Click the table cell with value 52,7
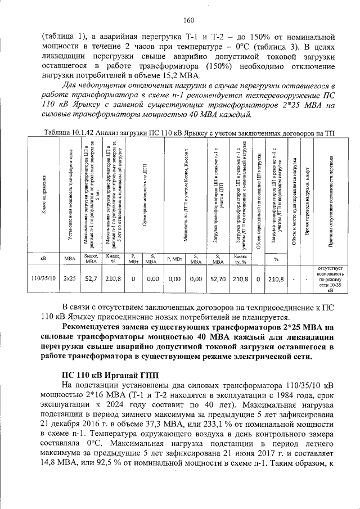point(90,278)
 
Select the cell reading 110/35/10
point(43,278)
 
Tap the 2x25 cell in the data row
point(69,278)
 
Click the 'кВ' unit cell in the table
point(43,259)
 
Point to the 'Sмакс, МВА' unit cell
point(90,258)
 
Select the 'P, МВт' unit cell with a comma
point(174,258)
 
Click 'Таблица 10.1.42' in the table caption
point(64,132)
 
